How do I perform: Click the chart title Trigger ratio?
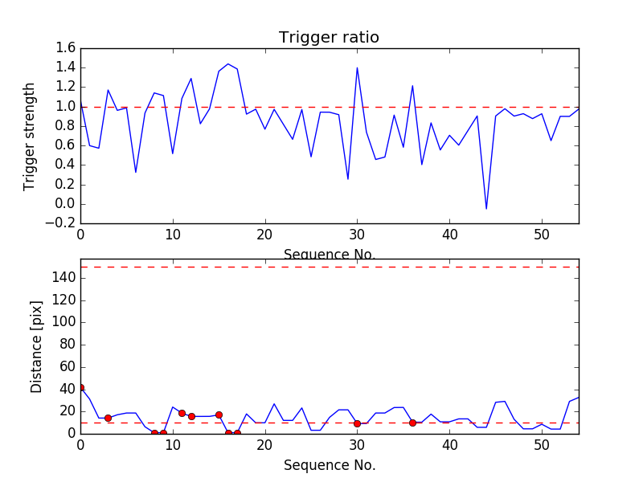click(329, 38)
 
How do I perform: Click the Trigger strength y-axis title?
click(30, 136)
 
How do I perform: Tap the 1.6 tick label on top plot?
click(66, 48)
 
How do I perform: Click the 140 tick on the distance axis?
click(63, 278)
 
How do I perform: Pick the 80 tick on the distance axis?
click(66, 345)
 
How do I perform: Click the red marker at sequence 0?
click(80, 387)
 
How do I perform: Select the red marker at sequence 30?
click(357, 423)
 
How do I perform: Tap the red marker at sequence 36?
click(412, 423)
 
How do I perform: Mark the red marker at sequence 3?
click(108, 418)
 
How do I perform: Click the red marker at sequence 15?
click(219, 415)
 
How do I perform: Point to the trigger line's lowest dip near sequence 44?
click(486, 209)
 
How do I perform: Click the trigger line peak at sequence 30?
click(357, 67)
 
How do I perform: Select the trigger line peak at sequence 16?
click(228, 64)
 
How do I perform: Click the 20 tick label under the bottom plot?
click(264, 443)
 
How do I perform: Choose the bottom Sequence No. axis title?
click(329, 465)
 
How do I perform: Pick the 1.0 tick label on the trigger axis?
click(66, 107)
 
